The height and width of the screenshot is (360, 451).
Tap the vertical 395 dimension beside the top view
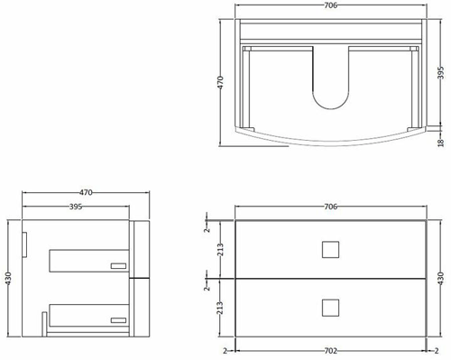[441, 72]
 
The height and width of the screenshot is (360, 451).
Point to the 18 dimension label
[441, 143]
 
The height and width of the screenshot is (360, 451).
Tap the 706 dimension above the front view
[330, 208]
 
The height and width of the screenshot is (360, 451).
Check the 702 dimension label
[330, 350]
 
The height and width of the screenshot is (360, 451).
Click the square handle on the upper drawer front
[330, 249]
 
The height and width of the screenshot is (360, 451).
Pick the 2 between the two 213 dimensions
[207, 289]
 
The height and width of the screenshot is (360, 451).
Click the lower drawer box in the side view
[87, 316]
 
